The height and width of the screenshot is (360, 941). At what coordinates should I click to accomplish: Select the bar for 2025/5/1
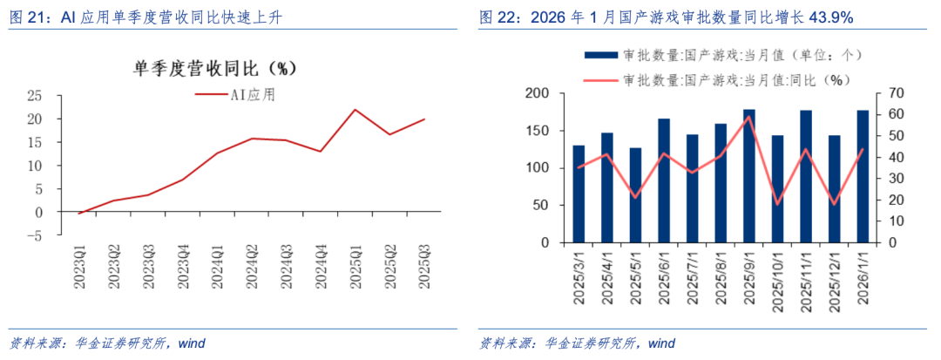(x=635, y=195)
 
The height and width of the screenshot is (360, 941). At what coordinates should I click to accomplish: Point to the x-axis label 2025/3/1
(x=579, y=276)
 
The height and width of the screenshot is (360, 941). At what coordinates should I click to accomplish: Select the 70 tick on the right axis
(x=895, y=94)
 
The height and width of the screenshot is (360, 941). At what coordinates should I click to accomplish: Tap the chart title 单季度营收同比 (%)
(x=215, y=69)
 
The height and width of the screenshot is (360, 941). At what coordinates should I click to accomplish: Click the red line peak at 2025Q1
(x=355, y=110)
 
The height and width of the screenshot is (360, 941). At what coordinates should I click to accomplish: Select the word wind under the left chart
(x=192, y=343)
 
